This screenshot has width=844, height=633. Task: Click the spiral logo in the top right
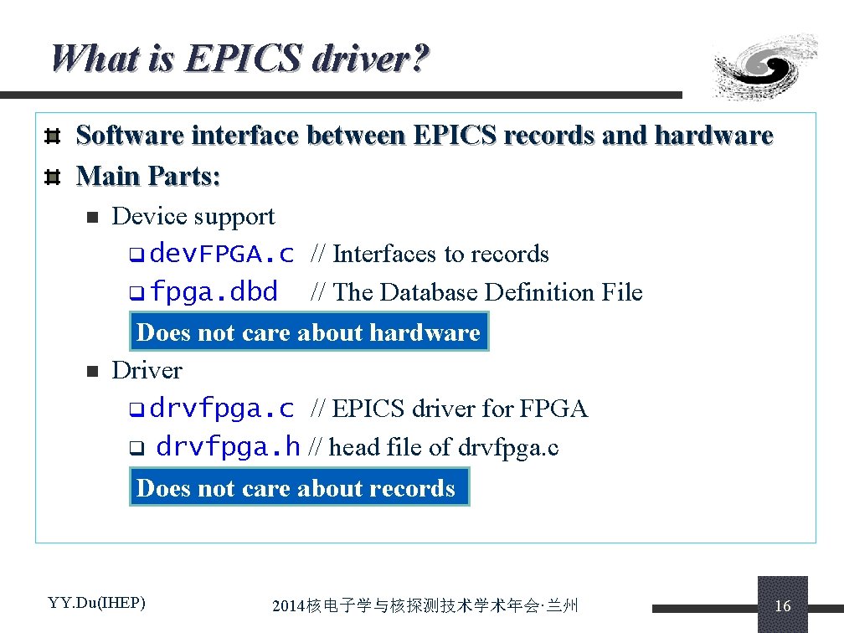764,67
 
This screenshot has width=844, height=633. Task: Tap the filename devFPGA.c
222,253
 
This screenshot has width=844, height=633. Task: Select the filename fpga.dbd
214,292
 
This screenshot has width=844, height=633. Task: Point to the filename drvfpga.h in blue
228,447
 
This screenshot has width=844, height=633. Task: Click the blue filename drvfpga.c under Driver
222,409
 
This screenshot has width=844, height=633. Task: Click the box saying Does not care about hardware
308,332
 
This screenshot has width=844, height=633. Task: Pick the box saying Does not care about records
299,487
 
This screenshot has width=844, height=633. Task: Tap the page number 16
783,605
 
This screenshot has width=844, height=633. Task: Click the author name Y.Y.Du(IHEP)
97,602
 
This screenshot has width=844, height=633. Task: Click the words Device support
193,216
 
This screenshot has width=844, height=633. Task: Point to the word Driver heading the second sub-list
147,370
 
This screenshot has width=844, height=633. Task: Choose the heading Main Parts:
148,176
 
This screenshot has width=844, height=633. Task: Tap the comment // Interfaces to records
430,254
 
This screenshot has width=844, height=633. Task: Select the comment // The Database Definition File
476,292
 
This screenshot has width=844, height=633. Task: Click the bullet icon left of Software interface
52,136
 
